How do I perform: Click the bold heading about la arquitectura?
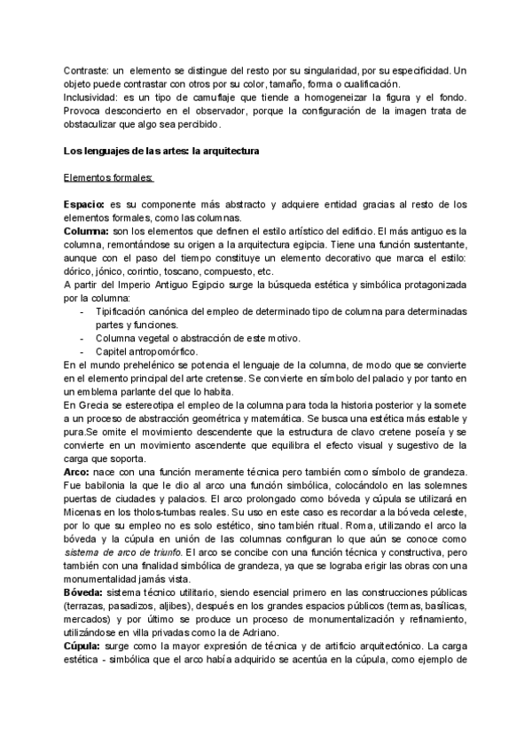161,151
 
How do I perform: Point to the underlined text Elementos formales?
108,178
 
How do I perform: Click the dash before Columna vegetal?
82,339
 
